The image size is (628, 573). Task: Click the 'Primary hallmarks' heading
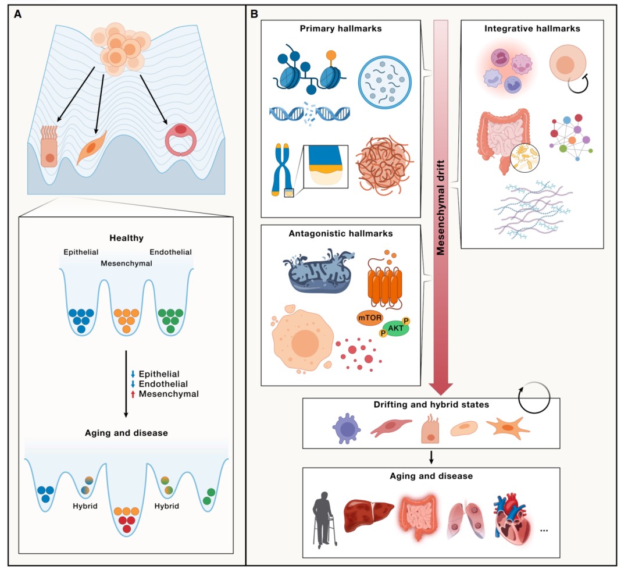[x=340, y=29]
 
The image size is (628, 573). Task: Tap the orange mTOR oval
[x=369, y=318]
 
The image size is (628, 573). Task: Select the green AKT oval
[x=396, y=328]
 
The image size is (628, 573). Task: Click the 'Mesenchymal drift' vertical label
[x=441, y=207]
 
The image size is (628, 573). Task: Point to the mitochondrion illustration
[x=319, y=271]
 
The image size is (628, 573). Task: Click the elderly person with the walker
[x=324, y=519]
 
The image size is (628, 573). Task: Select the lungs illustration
[x=465, y=519]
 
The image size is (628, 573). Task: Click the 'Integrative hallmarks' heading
[x=532, y=29]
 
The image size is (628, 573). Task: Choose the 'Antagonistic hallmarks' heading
[x=340, y=234]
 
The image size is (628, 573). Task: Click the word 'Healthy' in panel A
[x=126, y=238]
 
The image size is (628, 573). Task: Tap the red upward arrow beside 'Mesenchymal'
[x=133, y=394]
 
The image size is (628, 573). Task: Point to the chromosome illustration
[x=281, y=170]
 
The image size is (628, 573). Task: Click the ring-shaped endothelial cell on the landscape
[x=181, y=140]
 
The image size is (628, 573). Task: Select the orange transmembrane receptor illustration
[x=384, y=280]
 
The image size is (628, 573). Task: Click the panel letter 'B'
[x=254, y=14]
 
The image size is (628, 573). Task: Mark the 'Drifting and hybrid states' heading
[x=431, y=404]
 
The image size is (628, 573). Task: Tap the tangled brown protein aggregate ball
[x=384, y=164]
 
